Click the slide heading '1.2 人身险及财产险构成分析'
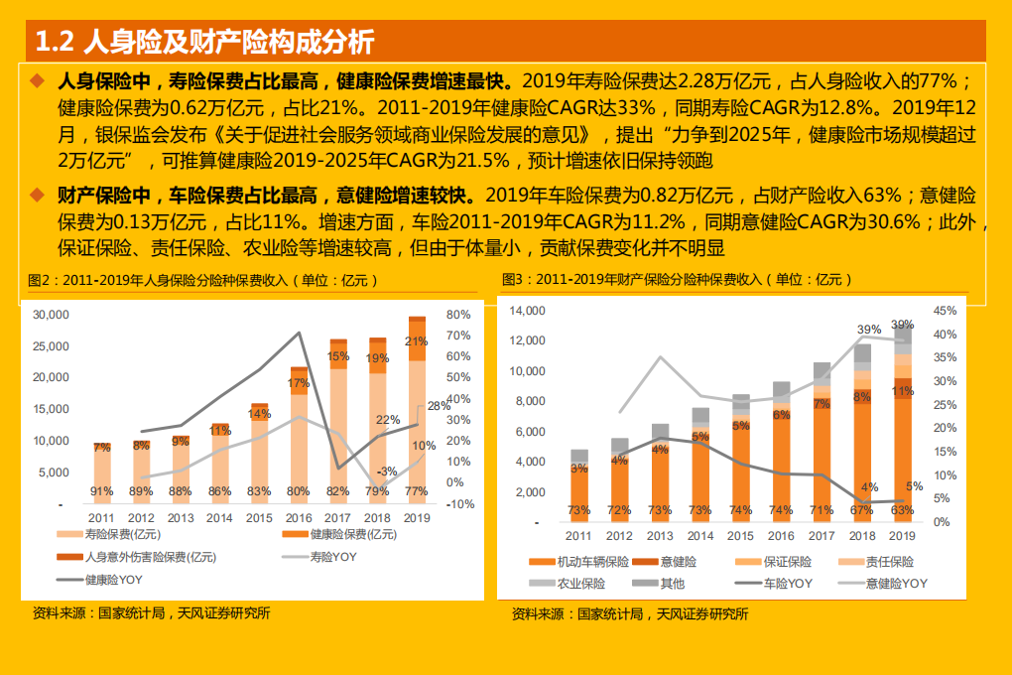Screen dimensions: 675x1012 (204, 42)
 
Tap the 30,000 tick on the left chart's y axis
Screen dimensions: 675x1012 (50, 315)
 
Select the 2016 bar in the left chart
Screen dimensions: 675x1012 (299, 437)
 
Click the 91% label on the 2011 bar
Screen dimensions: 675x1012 (101, 491)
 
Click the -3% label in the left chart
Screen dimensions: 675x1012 (387, 472)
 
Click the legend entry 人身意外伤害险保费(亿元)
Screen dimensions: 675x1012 (135, 557)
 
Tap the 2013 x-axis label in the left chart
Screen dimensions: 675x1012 (180, 518)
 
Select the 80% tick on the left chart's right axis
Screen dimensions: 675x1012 (458, 315)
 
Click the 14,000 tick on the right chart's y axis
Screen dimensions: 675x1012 (527, 311)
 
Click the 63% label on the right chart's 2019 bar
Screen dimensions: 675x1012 (902, 509)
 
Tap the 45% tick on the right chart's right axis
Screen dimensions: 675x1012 (945, 311)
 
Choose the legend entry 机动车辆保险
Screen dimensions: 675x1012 (581, 562)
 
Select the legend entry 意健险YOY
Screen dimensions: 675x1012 (885, 584)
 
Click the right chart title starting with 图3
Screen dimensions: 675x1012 (677, 280)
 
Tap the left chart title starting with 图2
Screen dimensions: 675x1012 (203, 281)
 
